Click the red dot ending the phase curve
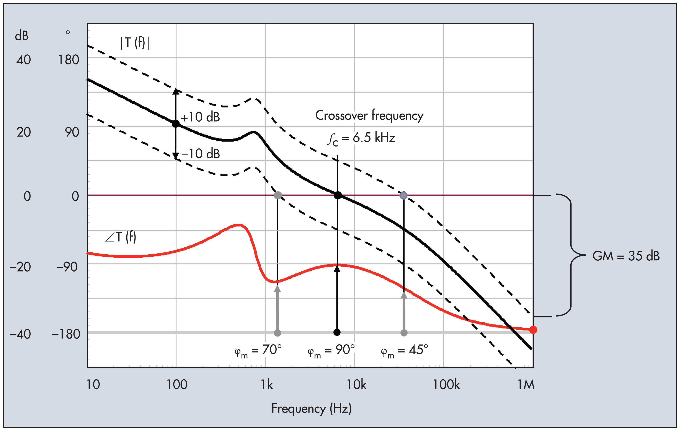tap(533, 330)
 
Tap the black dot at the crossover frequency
tap(338, 195)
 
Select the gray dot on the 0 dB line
tap(278, 195)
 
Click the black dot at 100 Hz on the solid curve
tap(176, 123)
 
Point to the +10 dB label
tap(200, 117)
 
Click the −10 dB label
tap(201, 154)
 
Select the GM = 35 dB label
tap(626, 256)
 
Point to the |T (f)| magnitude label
tap(135, 43)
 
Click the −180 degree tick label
tap(66, 334)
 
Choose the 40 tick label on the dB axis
tap(24, 60)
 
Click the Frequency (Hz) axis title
tap(311, 409)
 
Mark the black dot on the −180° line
tap(337, 333)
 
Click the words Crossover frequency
tap(369, 115)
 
